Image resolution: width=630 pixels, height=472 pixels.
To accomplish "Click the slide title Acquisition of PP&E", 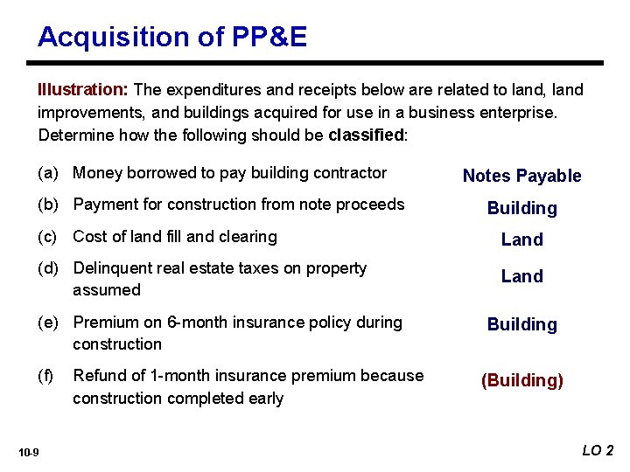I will tap(172, 37).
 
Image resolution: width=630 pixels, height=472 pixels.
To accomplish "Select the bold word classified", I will tap(365, 135).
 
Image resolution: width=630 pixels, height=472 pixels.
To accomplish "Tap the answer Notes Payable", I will tap(521, 176).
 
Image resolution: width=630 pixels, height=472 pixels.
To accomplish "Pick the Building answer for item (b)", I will tap(521, 208).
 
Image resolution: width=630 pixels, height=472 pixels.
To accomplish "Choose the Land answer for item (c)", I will tap(521, 239).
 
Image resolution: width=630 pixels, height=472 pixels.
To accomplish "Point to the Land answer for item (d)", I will tap(521, 276).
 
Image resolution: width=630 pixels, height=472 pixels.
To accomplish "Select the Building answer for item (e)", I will tap(521, 324).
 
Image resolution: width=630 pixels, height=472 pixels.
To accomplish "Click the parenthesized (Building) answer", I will tap(521, 380).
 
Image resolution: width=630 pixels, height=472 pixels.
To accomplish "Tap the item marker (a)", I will tap(50, 173).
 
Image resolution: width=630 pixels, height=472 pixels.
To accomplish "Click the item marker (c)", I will tap(50, 237).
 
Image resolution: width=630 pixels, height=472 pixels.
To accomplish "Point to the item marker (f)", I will tap(46, 376).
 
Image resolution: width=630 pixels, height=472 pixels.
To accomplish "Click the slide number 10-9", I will tap(29, 452).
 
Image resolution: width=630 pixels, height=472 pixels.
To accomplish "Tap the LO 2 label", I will tap(598, 450).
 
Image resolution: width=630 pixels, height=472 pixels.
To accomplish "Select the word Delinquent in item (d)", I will tap(108, 268).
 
